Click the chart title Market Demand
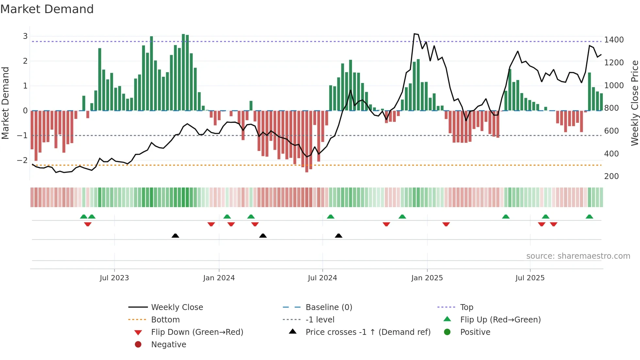[47, 9]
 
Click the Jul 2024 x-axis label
[322, 278]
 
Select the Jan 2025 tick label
[427, 278]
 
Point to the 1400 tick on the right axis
[614, 40]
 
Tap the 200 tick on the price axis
[611, 176]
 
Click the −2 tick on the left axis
[22, 160]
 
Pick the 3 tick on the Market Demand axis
[25, 36]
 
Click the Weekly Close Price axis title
[634, 103]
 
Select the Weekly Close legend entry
[177, 307]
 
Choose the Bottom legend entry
[165, 320]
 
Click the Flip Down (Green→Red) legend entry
[197, 332]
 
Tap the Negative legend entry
[168, 345]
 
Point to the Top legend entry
[466, 307]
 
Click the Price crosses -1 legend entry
[368, 332]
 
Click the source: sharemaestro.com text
[578, 256]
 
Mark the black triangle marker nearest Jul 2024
[339, 236]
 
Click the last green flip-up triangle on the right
[589, 217]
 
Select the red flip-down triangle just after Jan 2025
[446, 224]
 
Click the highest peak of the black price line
[414, 34]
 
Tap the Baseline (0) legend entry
[328, 307]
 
